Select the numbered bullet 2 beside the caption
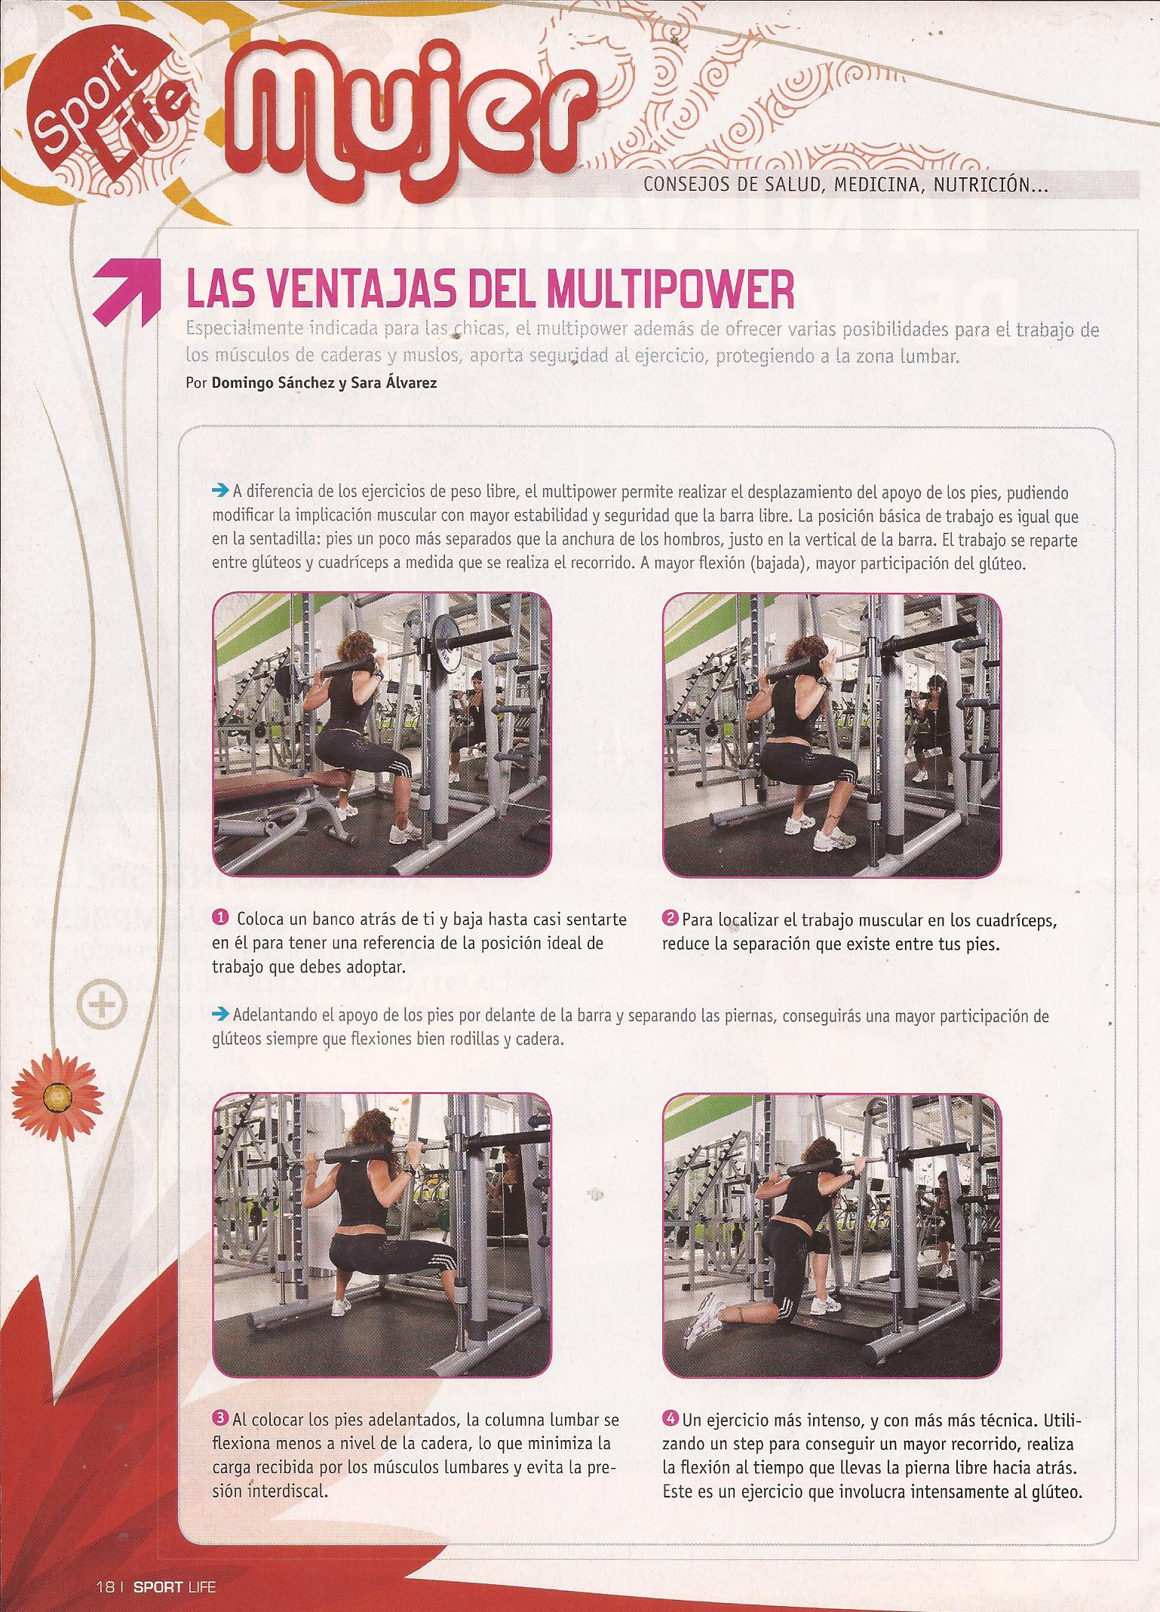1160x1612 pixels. click(671, 919)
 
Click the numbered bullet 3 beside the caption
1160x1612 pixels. click(222, 1420)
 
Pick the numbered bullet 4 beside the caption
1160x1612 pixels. click(671, 1420)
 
